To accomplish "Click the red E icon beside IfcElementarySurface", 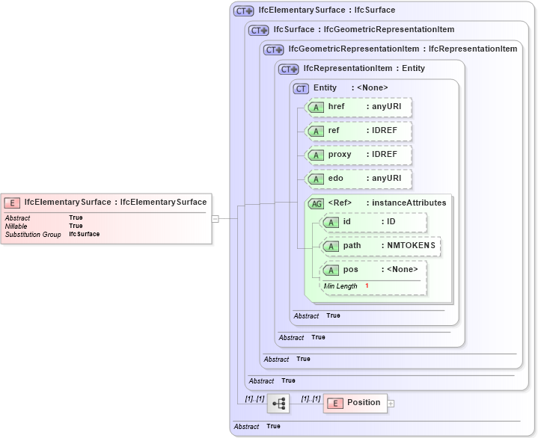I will (13, 202).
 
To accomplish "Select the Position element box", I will (355, 403).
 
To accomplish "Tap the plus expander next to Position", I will (391, 404).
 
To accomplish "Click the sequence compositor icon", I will (279, 403).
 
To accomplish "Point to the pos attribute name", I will (350, 270).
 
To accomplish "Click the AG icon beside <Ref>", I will (317, 203).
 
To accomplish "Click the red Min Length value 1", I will (367, 286).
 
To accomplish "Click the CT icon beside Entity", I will (301, 88).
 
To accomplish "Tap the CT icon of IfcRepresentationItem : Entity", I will (287, 69).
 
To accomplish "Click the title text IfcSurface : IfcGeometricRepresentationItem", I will (364, 30).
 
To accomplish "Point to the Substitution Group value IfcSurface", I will (84, 234).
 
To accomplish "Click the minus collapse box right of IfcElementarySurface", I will (215, 219).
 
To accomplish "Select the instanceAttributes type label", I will (409, 203).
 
